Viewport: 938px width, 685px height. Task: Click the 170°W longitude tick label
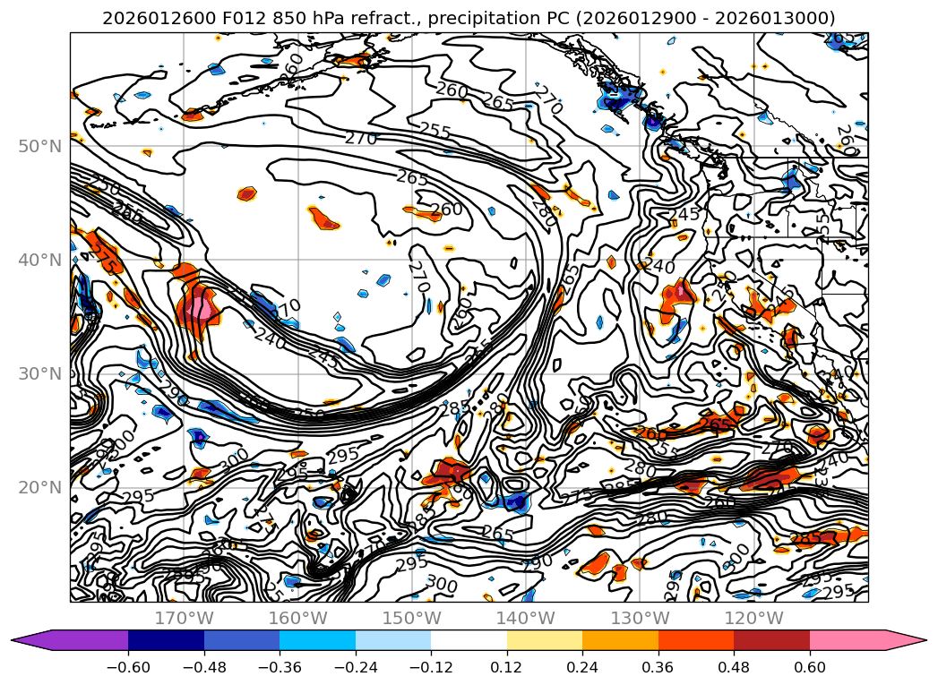(x=184, y=618)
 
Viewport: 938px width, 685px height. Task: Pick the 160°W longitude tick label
(x=297, y=618)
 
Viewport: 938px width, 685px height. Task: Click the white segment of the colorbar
(x=469, y=640)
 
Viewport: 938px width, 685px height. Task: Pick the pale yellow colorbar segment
(x=545, y=640)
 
